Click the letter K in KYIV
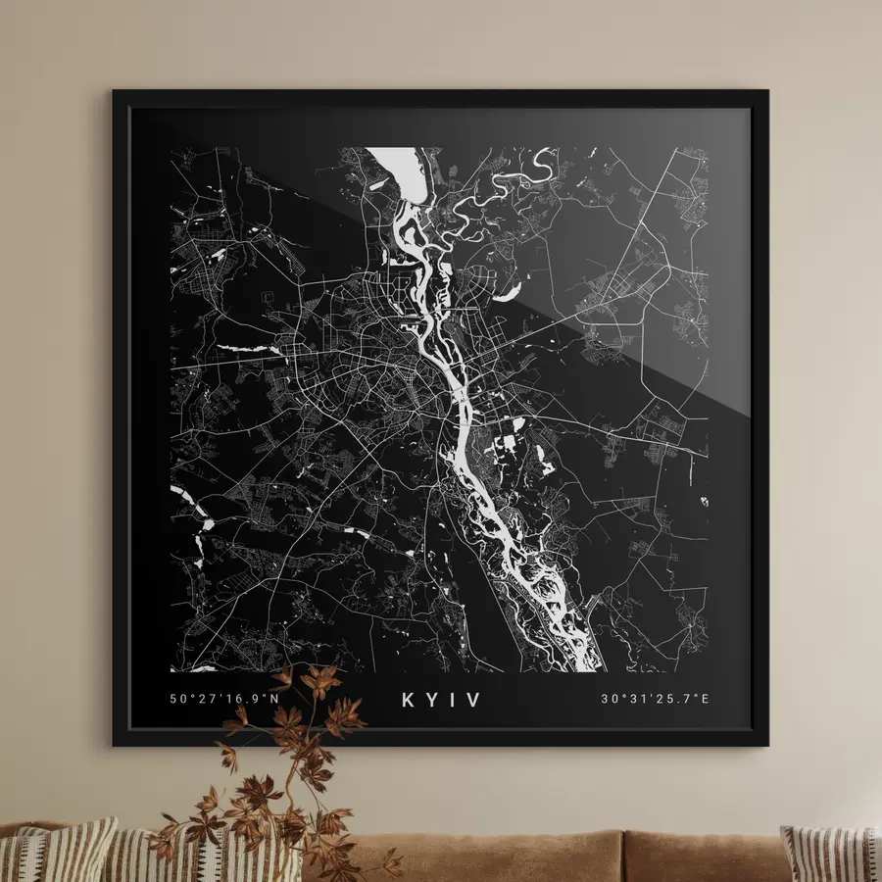click(x=409, y=700)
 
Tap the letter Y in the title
click(x=433, y=700)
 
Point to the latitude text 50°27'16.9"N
click(x=224, y=700)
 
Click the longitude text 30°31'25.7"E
click(x=655, y=700)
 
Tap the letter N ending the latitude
click(x=274, y=700)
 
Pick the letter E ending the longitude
click(x=704, y=700)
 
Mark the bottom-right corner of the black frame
click(x=766, y=744)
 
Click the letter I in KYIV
click(x=455, y=700)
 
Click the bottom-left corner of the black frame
click(x=115, y=744)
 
